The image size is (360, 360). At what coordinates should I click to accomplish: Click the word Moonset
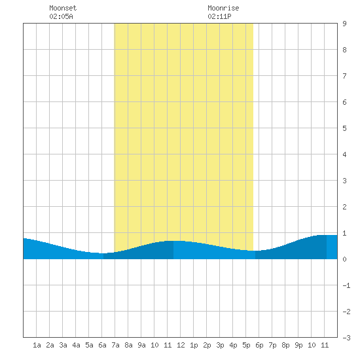(x=63, y=8)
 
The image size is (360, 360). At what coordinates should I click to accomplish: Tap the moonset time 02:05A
(x=61, y=16)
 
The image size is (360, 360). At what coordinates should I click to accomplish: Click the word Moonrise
(x=223, y=8)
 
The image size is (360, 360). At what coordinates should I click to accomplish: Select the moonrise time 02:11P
(x=219, y=16)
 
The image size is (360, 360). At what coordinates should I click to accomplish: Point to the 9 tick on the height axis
(x=344, y=24)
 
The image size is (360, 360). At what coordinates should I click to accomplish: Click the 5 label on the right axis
(x=344, y=128)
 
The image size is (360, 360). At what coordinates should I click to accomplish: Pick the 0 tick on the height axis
(x=344, y=259)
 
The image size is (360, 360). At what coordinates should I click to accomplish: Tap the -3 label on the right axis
(x=346, y=338)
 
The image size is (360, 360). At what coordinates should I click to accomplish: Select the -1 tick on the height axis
(x=346, y=285)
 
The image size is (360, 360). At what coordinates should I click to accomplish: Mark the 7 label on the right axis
(x=344, y=76)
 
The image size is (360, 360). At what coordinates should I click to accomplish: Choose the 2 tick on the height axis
(x=344, y=207)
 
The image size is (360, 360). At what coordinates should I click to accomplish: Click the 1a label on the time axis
(x=37, y=345)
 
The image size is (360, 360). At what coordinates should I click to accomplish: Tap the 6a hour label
(x=102, y=345)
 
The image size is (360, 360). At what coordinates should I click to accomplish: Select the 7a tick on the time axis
(x=115, y=345)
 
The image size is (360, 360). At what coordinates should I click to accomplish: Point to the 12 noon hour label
(x=181, y=345)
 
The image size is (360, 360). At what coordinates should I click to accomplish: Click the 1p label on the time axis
(x=194, y=345)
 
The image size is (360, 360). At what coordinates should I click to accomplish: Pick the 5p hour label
(x=246, y=345)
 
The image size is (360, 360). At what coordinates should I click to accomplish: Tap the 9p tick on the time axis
(x=298, y=345)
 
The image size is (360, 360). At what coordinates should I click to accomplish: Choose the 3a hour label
(x=63, y=345)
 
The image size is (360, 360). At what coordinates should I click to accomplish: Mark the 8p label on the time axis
(x=285, y=345)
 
